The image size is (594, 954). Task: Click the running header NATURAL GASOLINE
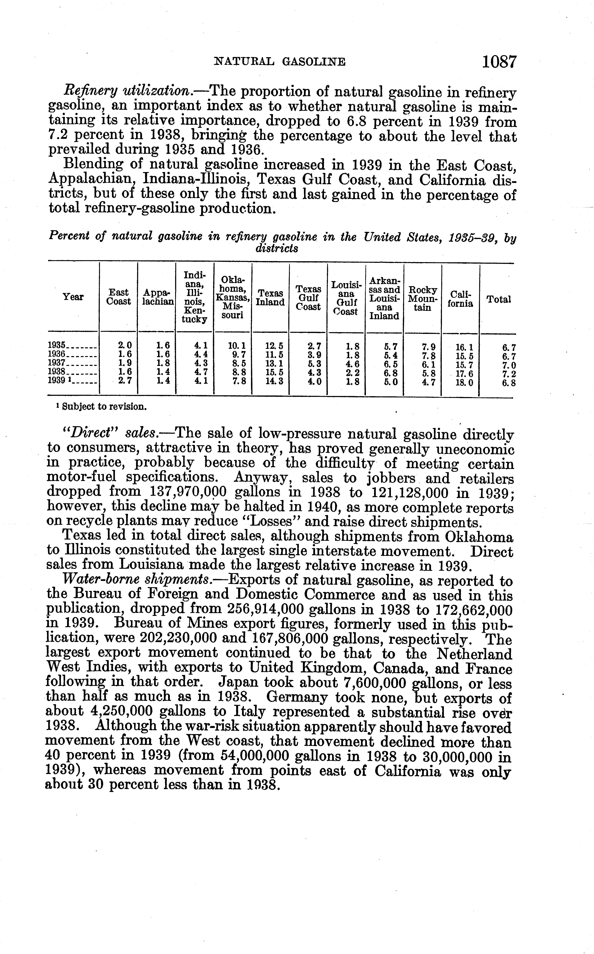coord(279,62)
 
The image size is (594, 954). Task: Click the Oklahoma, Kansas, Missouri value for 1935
coord(237,346)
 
